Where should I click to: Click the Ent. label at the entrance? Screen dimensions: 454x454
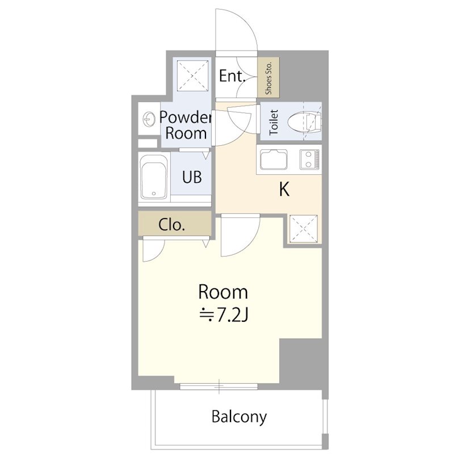pos(232,76)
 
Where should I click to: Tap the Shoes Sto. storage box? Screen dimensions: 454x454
pos(268,77)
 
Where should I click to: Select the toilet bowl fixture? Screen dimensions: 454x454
pos(304,122)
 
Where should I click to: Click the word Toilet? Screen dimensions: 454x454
pos(274,122)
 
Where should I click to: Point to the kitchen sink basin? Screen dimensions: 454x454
pos(274,159)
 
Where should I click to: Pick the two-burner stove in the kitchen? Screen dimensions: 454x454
pos(309,159)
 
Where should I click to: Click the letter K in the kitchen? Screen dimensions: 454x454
pos(284,190)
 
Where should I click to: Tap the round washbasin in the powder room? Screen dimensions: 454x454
pos(149,119)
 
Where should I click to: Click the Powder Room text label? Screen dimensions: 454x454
pos(186,125)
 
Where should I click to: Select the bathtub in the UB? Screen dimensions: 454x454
pos(154,177)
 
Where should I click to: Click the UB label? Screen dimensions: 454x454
pos(192,176)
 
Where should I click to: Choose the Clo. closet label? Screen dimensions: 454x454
pos(172,225)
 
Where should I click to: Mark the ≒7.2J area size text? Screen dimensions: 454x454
pos(224,316)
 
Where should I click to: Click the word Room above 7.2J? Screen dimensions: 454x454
pos(223,292)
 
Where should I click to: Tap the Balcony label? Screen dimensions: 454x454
pos(239,417)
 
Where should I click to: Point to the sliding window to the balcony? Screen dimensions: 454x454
pos(218,386)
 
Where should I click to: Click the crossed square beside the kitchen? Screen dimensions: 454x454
pos(304,229)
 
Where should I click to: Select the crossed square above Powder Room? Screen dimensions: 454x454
pos(192,75)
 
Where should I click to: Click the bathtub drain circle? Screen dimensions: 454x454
pos(154,194)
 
